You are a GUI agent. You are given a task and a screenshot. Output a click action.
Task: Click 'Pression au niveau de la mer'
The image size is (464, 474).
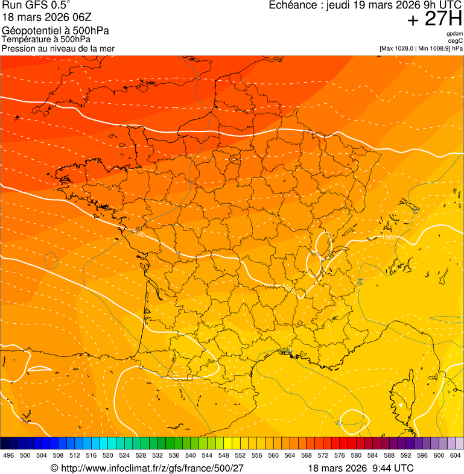pyautogui.click(x=58, y=48)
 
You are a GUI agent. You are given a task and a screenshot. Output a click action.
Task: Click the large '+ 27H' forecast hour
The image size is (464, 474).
pyautogui.click(x=434, y=19)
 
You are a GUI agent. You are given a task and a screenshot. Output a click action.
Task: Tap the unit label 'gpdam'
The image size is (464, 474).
pyautogui.click(x=455, y=34)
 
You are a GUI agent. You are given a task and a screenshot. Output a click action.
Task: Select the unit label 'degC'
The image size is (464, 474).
pyautogui.click(x=456, y=41)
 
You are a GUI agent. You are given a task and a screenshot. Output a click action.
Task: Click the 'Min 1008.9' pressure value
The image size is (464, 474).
pyautogui.click(x=434, y=48)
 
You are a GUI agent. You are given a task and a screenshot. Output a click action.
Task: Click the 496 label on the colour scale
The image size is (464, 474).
pyautogui.click(x=8, y=456)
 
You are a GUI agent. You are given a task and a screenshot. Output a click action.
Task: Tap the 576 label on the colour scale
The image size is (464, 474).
pyautogui.click(x=340, y=456)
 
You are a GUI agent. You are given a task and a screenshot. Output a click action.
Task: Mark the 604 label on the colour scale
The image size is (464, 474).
pyautogui.click(x=456, y=456)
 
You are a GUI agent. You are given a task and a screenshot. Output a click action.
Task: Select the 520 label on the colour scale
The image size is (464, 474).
pyautogui.click(x=108, y=456)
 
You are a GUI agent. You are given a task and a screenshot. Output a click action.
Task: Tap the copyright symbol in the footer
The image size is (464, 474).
pyautogui.click(x=54, y=468)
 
